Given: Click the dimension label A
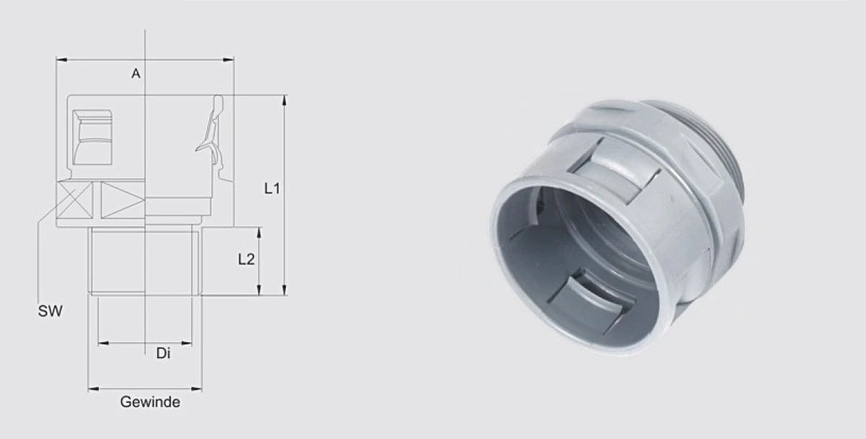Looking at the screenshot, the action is [x=136, y=73].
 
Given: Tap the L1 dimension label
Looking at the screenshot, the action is [x=272, y=188].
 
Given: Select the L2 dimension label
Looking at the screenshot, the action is [x=246, y=259].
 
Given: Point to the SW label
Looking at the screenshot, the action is [x=50, y=311].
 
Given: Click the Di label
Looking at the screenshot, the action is [x=163, y=353].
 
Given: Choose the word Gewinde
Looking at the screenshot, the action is [x=150, y=402].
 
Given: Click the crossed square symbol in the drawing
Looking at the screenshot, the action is [x=74, y=200].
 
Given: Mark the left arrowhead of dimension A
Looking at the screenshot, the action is [x=62, y=60].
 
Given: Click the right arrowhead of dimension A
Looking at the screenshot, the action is [x=229, y=59].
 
